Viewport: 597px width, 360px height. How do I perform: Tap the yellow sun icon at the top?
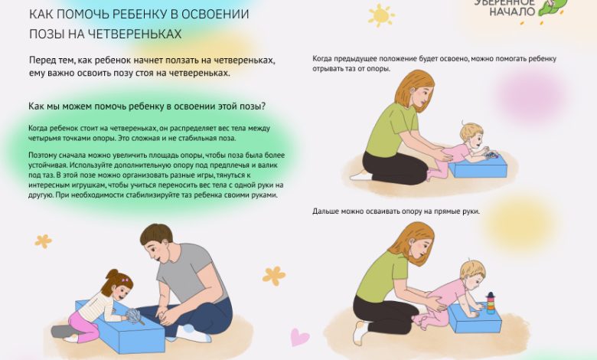(x=380, y=15)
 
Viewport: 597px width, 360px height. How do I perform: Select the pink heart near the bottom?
(x=300, y=337)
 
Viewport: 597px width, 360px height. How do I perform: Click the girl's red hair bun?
(x=113, y=274)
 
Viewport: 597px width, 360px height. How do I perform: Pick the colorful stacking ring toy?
(x=490, y=303)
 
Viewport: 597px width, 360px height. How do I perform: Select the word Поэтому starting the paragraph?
(x=44, y=154)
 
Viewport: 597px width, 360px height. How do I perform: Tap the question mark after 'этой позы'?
(x=273, y=106)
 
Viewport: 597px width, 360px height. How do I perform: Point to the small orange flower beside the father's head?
(x=44, y=241)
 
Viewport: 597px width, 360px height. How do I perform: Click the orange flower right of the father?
(x=273, y=275)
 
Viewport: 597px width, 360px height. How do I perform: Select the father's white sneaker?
(x=191, y=332)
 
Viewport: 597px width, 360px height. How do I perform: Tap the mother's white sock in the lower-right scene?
(x=358, y=332)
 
